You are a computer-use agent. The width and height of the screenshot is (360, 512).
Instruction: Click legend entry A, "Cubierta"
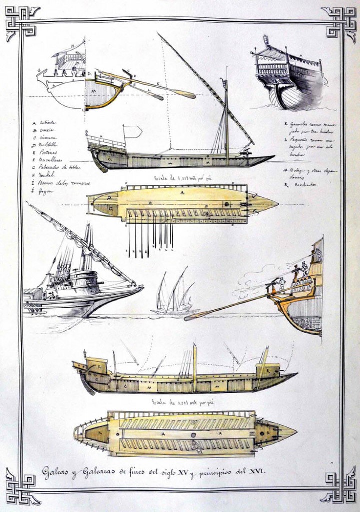pos(45,122)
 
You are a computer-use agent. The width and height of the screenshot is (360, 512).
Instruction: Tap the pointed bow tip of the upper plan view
pos(276,204)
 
